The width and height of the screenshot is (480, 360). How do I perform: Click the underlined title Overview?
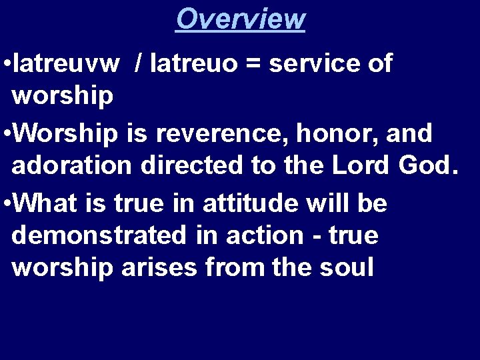[x=240, y=19]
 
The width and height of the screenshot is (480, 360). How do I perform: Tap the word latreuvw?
[x=67, y=63]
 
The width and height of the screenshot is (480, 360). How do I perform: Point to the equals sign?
[x=258, y=65]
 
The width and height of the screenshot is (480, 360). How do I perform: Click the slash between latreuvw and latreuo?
[x=138, y=63]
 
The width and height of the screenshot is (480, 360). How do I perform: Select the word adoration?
[x=72, y=165]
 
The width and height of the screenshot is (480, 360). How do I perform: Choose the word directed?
[x=191, y=165]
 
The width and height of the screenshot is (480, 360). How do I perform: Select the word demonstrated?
[x=101, y=235]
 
